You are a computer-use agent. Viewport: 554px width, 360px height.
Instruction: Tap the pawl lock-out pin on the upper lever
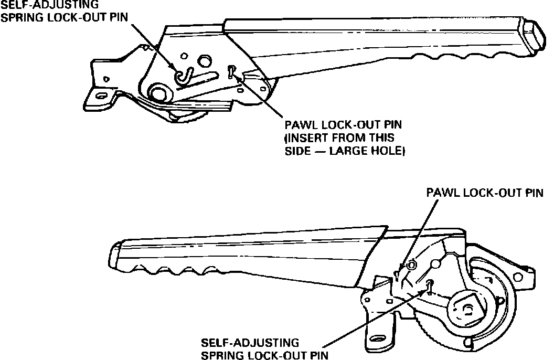tap(231, 71)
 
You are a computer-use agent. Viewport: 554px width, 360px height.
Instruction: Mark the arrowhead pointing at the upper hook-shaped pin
tap(177, 67)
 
